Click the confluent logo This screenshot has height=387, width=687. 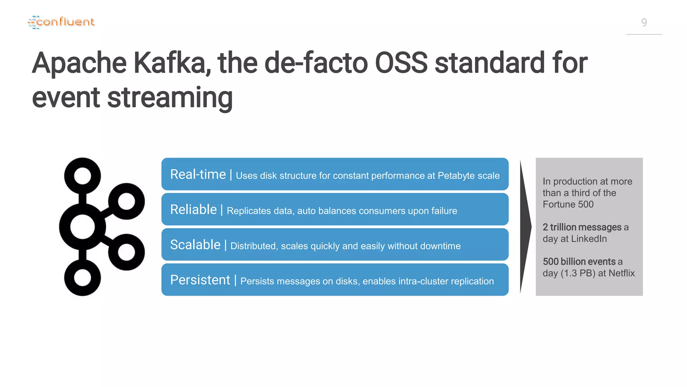[x=61, y=22]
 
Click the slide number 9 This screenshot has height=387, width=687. [x=644, y=23]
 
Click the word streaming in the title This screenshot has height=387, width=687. [x=170, y=98]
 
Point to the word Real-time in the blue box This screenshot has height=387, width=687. [x=198, y=174]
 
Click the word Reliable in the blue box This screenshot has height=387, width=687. [x=194, y=210]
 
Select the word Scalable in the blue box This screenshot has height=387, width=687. [x=195, y=245]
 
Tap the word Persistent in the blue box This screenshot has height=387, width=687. [x=200, y=280]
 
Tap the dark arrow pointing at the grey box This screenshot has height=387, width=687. [x=525, y=227]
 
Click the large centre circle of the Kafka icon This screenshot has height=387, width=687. [x=83, y=227]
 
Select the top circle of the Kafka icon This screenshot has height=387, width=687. [x=83, y=176]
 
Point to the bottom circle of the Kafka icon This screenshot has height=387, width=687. [x=83, y=278]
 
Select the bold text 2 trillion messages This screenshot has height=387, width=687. [x=582, y=227]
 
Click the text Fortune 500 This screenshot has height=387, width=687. [x=568, y=204]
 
